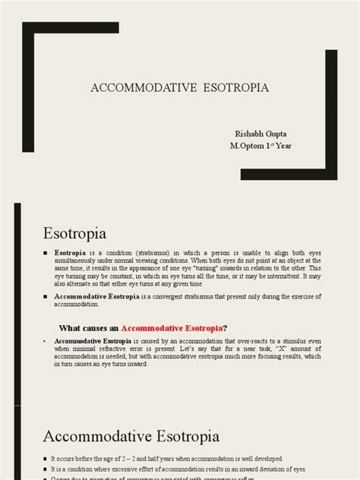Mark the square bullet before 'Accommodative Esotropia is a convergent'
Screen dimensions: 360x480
click(x=46, y=296)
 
